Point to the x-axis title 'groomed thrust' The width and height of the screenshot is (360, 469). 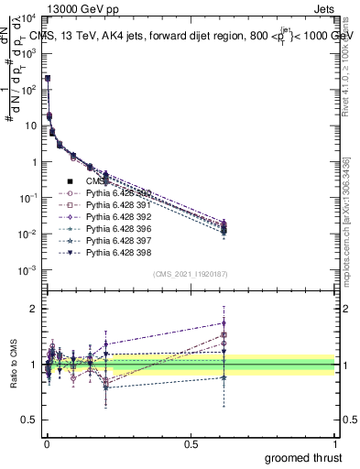tap(302, 457)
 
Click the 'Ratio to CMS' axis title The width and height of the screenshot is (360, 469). tap(15, 365)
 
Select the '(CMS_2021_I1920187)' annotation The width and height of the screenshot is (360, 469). tap(191, 274)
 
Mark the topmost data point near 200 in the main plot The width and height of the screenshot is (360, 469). tap(48, 79)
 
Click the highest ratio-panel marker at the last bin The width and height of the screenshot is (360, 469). tap(224, 322)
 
